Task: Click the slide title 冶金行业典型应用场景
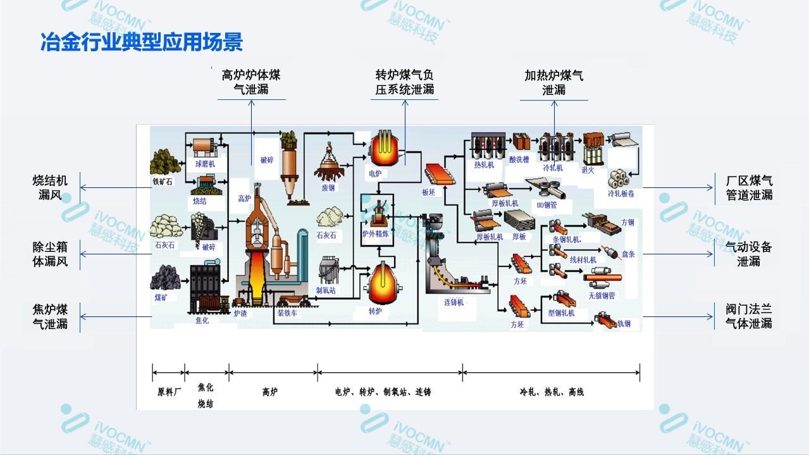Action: (141, 42)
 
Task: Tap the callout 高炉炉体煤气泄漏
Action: (251, 82)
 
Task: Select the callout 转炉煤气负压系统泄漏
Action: (405, 82)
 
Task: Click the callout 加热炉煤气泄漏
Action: (553, 82)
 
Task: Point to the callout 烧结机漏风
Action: (50, 188)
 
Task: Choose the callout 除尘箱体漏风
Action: (50, 254)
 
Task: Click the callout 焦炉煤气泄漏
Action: (50, 316)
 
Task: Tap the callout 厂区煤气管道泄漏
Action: (749, 188)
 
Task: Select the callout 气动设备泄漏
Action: (749, 254)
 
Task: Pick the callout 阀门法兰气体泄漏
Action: (749, 316)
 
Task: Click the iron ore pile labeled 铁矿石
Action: (165, 162)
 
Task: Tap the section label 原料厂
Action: (169, 392)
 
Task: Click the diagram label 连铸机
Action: (454, 302)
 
